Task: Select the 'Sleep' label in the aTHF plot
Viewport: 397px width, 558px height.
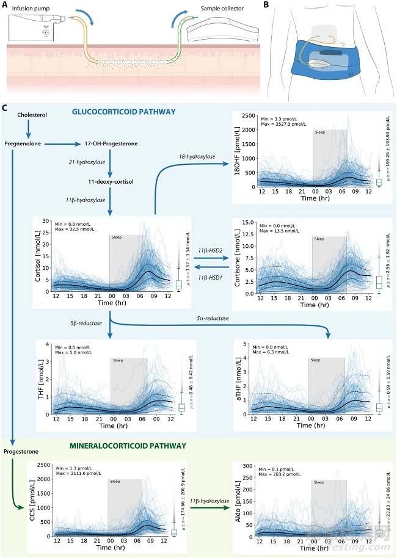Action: [x=316, y=360]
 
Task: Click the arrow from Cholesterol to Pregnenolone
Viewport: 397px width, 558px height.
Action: [x=27, y=129]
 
